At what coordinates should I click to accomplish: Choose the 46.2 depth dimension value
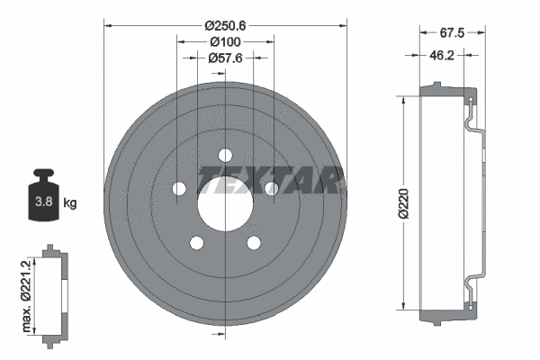point(442,56)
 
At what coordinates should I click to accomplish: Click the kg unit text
point(70,203)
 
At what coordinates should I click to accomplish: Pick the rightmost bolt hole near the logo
point(271,187)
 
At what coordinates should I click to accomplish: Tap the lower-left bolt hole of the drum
point(194,242)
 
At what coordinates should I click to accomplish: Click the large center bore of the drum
point(223,202)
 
